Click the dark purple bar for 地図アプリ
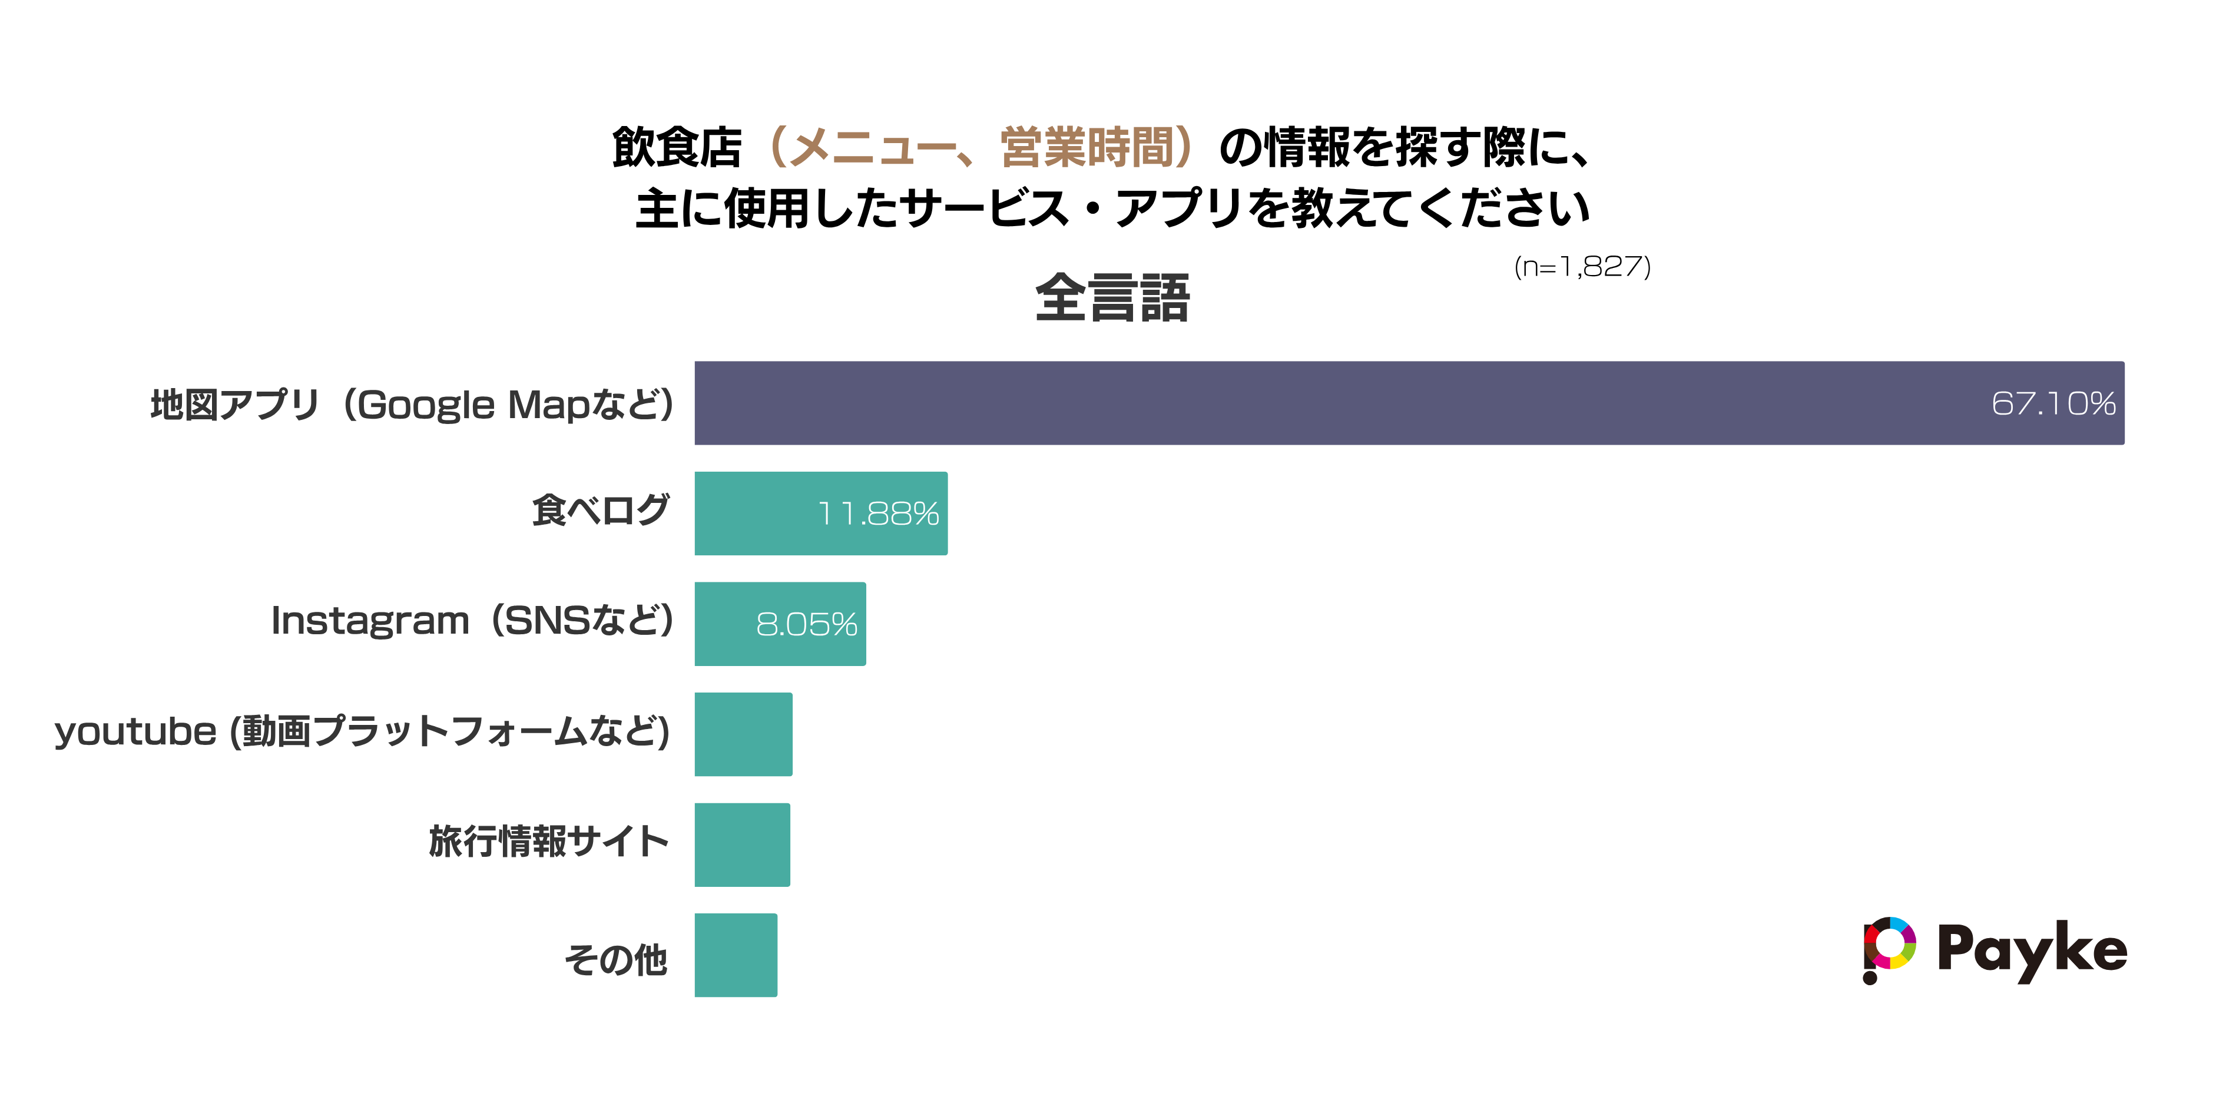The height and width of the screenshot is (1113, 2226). click(x=1409, y=403)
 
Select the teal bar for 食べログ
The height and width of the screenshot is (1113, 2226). click(x=821, y=514)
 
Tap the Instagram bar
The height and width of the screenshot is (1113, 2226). click(x=780, y=624)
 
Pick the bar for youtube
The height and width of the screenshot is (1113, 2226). click(x=743, y=734)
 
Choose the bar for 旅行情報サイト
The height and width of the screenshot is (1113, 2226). click(x=741, y=844)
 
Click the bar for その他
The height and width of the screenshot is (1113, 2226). click(x=736, y=955)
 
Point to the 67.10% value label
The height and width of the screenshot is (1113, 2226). click(x=2053, y=403)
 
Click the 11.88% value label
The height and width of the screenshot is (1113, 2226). click(x=878, y=514)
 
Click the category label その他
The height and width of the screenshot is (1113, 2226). click(x=615, y=959)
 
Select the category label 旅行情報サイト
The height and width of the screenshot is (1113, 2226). click(x=549, y=842)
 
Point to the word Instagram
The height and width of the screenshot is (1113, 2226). click(x=370, y=621)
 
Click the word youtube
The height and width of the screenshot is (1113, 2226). click(x=135, y=733)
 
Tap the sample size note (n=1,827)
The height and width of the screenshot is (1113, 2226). click(x=1582, y=267)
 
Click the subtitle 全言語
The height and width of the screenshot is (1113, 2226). click(x=1112, y=298)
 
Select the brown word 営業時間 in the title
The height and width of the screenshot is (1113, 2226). click(x=1087, y=147)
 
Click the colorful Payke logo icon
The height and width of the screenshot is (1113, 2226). click(x=1889, y=949)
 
